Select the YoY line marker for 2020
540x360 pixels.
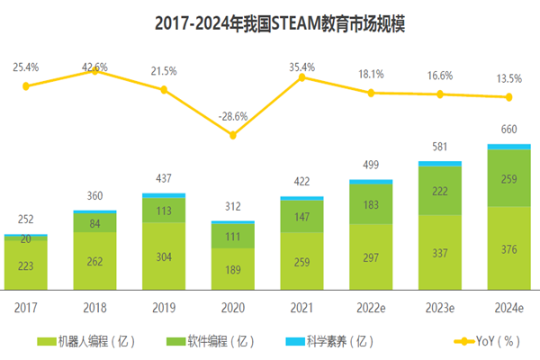[x=233, y=135]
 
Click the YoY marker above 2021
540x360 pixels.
[x=301, y=77]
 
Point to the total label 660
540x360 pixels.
[x=509, y=130]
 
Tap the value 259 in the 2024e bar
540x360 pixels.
[x=509, y=180]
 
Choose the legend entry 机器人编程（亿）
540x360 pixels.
[x=88, y=341]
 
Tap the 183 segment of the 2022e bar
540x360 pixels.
[x=371, y=205]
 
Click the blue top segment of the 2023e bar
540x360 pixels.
[x=440, y=164]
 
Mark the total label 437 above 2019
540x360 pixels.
[x=164, y=179]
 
